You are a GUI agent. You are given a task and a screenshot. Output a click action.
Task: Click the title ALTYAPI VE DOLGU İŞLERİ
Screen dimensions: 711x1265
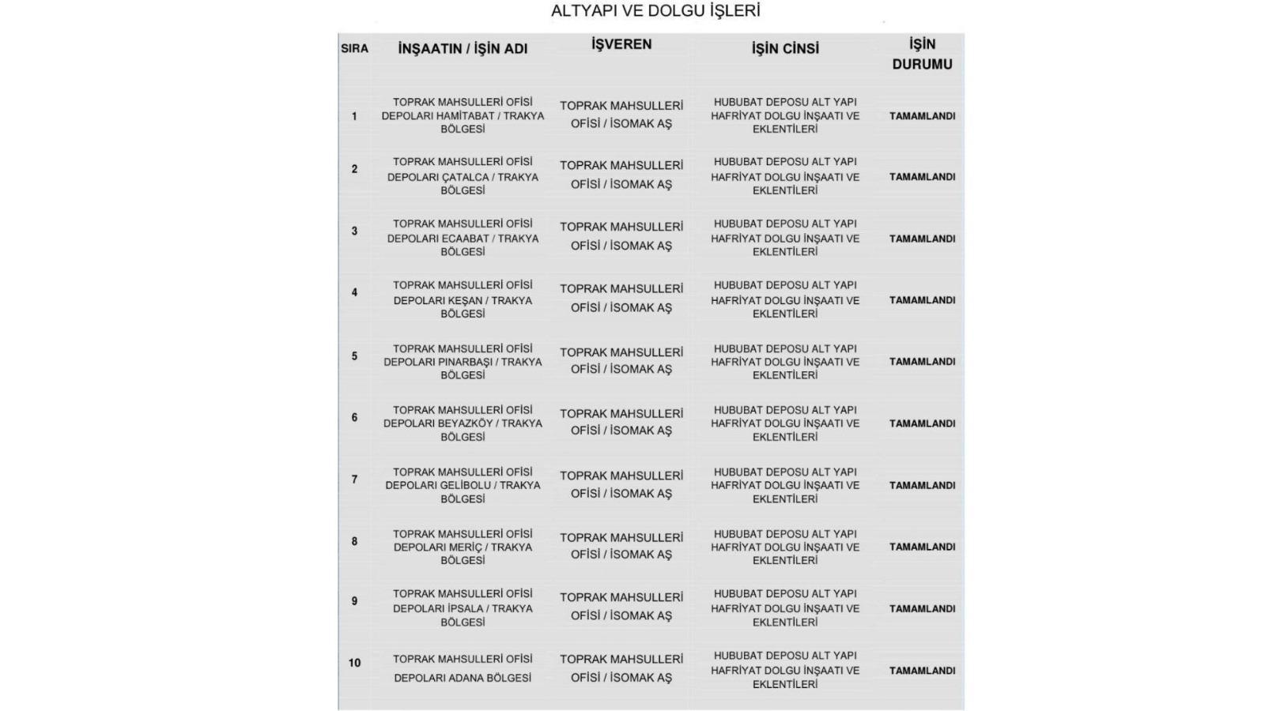[x=655, y=11]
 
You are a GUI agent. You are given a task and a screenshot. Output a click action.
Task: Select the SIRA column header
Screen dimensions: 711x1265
[x=354, y=48]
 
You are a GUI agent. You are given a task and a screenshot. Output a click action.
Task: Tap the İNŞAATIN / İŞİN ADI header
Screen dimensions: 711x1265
[x=463, y=48]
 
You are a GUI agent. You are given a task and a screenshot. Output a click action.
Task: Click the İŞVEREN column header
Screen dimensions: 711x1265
[x=621, y=44]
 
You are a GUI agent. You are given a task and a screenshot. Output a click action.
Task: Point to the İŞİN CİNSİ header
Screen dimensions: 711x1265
[x=785, y=48]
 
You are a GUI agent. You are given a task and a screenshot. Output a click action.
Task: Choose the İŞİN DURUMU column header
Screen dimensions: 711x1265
[x=922, y=54]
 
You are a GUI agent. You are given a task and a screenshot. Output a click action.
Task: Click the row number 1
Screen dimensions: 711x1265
[x=354, y=116]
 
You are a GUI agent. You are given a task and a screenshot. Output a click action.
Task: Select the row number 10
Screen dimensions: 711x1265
[x=354, y=663]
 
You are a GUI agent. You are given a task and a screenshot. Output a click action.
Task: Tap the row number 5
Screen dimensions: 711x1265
[x=354, y=356]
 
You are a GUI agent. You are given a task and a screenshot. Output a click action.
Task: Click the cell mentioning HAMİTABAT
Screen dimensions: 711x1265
[x=463, y=115]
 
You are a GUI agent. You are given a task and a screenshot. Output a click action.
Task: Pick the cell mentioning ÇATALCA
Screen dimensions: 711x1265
[x=463, y=176]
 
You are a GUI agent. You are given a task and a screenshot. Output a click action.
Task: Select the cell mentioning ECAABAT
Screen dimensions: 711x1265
[x=463, y=238]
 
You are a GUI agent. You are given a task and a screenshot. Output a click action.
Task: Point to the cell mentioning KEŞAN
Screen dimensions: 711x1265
[x=463, y=299]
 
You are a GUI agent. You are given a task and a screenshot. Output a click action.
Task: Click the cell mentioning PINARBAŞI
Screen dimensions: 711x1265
[x=463, y=362]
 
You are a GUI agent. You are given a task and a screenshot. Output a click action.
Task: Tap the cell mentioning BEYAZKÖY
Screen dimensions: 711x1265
[x=463, y=423]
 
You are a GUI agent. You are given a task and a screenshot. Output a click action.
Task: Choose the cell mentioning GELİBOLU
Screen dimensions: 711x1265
[x=463, y=485]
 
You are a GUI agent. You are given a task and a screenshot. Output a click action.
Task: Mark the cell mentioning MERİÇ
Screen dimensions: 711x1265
[x=463, y=547]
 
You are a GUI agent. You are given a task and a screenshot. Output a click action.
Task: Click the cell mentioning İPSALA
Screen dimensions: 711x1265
[x=463, y=608]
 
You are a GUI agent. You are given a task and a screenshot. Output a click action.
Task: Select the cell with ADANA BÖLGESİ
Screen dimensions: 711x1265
[x=463, y=668]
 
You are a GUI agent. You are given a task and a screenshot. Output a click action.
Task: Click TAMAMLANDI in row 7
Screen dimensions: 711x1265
[x=922, y=485]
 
